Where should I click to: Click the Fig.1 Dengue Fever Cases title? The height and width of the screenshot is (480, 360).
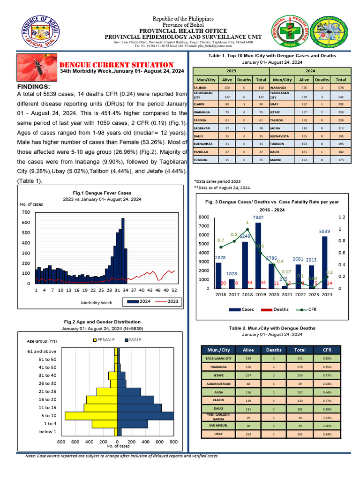(102, 193)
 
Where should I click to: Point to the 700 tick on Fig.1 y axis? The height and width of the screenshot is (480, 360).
(26, 212)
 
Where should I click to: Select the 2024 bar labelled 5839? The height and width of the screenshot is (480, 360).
(325, 262)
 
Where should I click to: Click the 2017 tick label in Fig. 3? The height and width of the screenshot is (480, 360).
(233, 295)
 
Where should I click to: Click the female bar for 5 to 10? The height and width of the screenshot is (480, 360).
(91, 416)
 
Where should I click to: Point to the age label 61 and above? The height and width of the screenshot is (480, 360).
(43, 351)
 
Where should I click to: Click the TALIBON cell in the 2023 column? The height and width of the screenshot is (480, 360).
(202, 88)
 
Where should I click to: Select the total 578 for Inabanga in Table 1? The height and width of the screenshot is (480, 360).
(341, 88)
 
